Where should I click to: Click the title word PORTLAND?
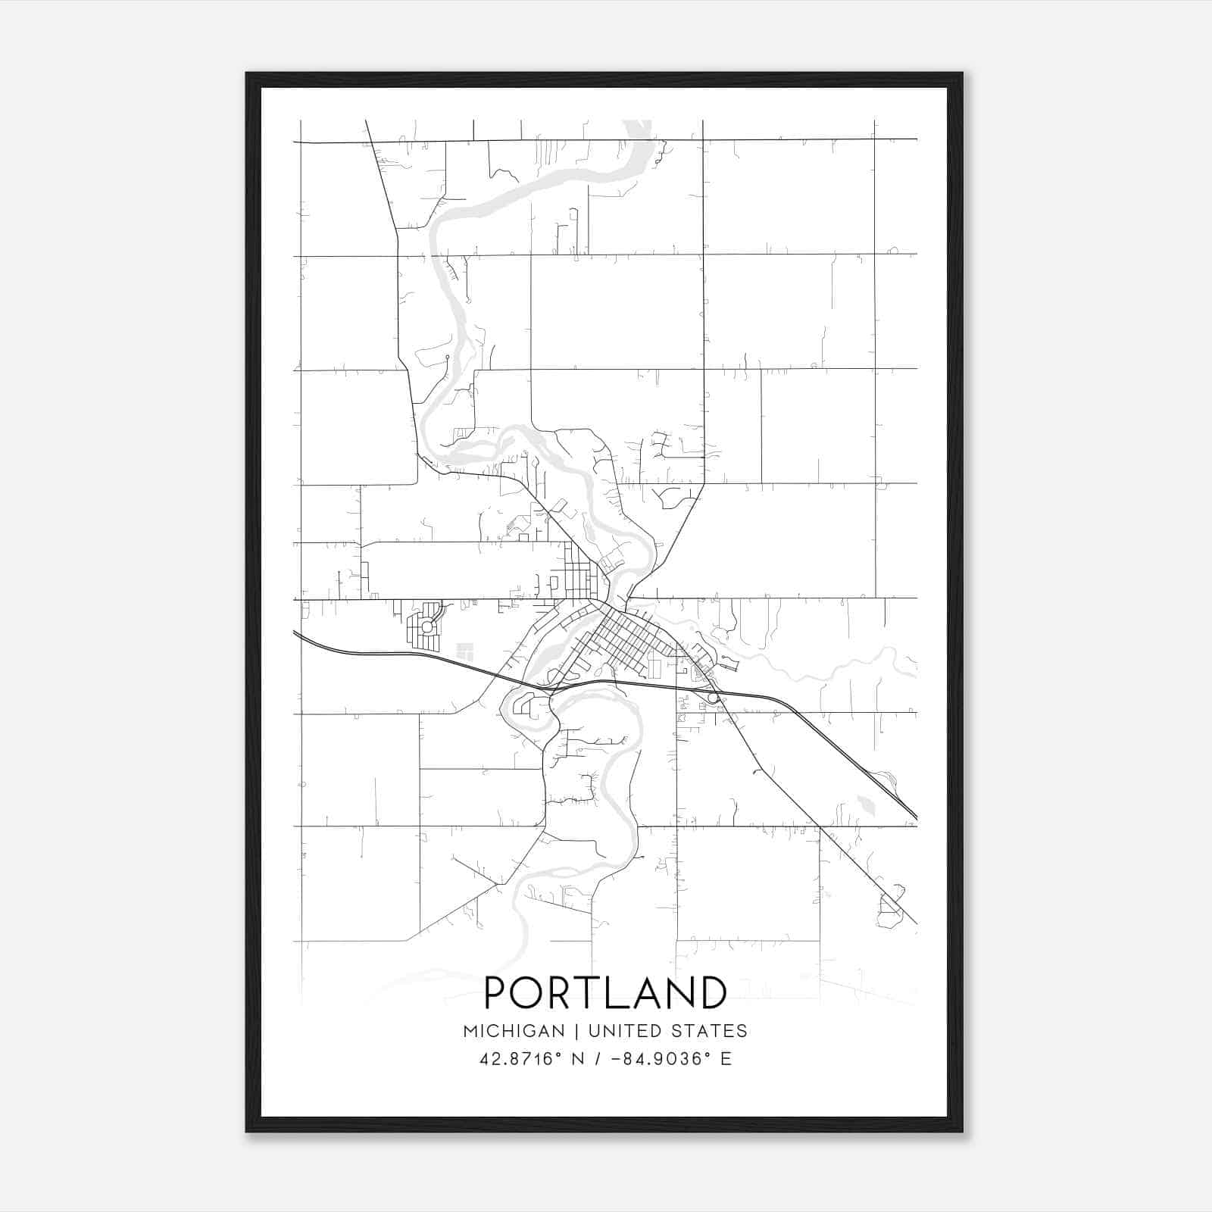pos(605,993)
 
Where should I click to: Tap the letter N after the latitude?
pos(577,1059)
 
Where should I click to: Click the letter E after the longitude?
pos(726,1059)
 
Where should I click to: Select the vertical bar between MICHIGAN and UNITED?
pos(576,1031)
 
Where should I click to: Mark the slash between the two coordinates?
pos(598,1059)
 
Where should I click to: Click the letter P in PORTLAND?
pos(498,993)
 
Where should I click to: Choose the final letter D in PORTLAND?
pos(713,993)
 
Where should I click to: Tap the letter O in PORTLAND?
pos(529,993)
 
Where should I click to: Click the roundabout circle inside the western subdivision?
pos(427,626)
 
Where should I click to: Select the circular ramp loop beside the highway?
pos(713,698)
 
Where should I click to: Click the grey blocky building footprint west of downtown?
pos(464,650)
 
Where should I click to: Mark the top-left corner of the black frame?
pos(247,73)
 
